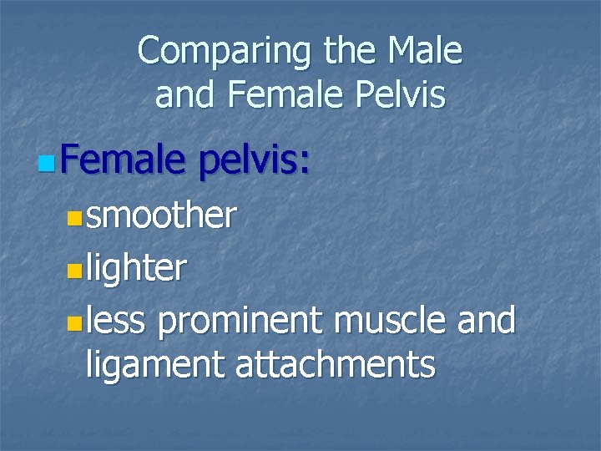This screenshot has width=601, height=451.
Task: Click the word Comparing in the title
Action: point(216,52)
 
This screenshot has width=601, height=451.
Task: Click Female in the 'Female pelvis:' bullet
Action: point(121,156)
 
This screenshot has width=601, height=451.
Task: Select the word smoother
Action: point(161,215)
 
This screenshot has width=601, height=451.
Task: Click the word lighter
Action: point(136,268)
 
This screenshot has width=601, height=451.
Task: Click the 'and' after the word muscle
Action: point(487,321)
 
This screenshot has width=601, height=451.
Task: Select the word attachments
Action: point(335,364)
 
